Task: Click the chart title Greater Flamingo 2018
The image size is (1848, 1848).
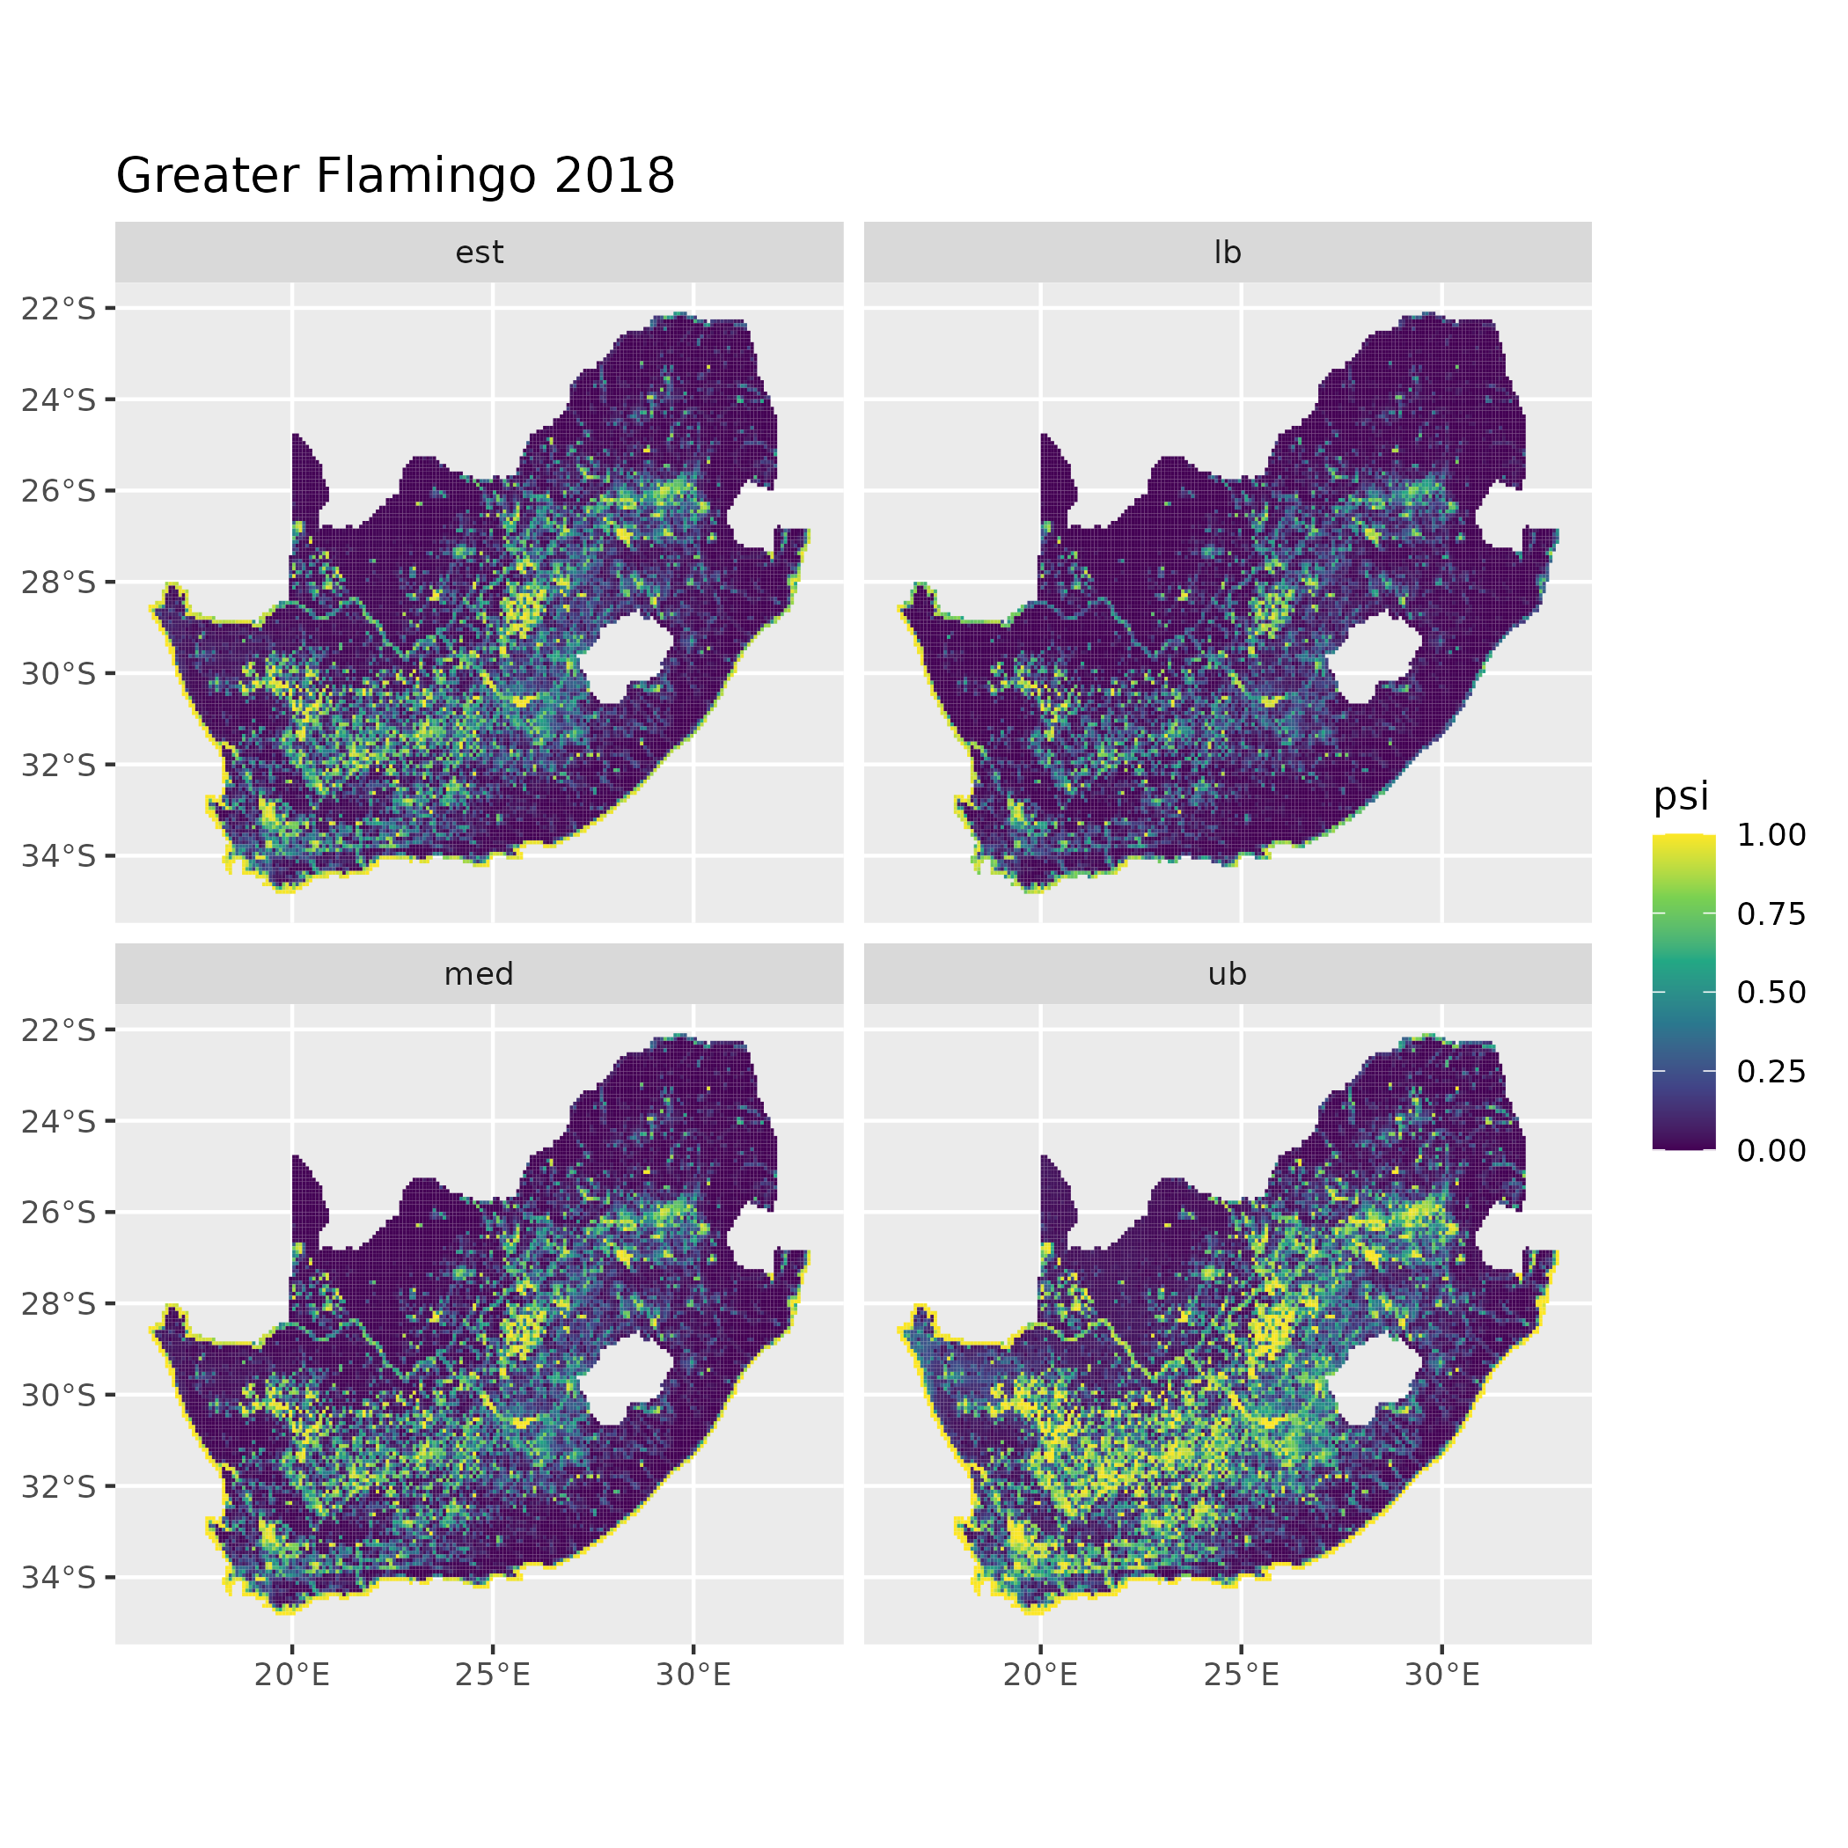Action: coord(395,176)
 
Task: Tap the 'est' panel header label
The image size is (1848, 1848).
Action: coord(480,253)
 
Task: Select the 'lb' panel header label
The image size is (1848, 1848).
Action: coord(1228,253)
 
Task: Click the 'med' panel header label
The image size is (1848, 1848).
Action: coord(480,974)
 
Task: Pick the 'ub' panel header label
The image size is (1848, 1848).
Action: coord(1228,974)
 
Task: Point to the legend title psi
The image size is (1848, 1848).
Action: coord(1681,796)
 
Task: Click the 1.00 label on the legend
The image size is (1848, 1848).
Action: coord(1771,835)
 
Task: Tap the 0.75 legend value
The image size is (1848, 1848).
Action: coord(1771,914)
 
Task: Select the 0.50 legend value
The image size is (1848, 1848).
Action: coord(1771,993)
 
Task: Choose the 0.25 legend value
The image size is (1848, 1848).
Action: coord(1771,1071)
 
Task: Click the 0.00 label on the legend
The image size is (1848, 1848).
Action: coord(1771,1151)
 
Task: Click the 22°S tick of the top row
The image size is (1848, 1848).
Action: coord(59,309)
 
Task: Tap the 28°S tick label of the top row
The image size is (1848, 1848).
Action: coord(59,583)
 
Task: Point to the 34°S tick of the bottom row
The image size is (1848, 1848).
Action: coord(59,1577)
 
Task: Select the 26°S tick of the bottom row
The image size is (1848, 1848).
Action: coord(59,1213)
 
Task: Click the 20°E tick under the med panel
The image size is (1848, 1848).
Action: coord(292,1675)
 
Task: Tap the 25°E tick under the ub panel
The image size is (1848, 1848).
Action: coord(1242,1675)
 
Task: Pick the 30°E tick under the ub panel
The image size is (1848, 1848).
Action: coord(1442,1675)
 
